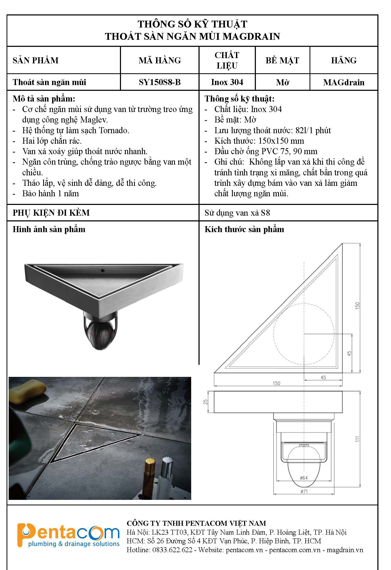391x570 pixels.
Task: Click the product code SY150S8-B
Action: [x=159, y=82]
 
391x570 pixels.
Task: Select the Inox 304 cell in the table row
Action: [x=227, y=82]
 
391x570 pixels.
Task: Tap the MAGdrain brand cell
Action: [x=344, y=82]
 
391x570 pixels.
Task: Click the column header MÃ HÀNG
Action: [x=159, y=60]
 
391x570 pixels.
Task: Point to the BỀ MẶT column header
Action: [x=282, y=60]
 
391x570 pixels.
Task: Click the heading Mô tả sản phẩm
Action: [x=44, y=99]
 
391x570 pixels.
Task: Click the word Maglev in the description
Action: [x=94, y=120]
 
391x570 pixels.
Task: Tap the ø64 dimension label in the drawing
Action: [x=304, y=478]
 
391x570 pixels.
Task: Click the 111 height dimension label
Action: [x=357, y=439]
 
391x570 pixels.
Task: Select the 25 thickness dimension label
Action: [x=206, y=401]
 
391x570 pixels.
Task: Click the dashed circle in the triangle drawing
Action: [x=304, y=334]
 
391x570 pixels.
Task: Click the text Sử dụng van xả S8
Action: [x=237, y=213]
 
